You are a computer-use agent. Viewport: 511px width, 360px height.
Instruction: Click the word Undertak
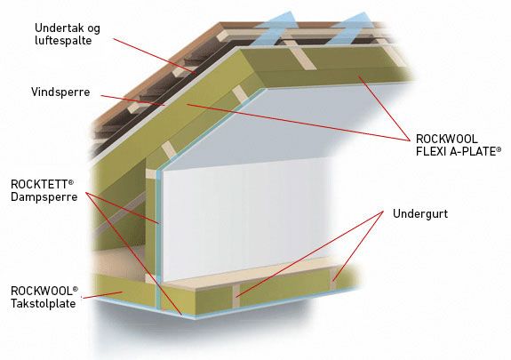point(56,28)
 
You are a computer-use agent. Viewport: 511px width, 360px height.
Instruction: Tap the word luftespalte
point(63,41)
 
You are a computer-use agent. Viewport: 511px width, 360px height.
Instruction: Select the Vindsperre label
point(60,92)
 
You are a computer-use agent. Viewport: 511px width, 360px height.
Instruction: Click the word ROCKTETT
point(39,184)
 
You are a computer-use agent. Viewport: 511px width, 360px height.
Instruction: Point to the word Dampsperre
point(44,197)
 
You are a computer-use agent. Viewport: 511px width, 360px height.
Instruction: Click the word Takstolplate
point(43,304)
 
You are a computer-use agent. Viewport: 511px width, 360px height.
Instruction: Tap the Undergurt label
point(420,214)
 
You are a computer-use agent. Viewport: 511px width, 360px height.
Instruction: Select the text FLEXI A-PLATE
point(456,152)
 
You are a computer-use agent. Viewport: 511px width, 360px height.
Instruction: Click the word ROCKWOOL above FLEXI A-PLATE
point(446,139)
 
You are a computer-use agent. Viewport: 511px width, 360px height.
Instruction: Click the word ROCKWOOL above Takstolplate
point(41,291)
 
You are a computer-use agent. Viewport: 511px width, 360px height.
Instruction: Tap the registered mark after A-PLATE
point(499,149)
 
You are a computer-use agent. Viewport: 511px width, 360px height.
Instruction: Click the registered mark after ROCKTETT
point(70,181)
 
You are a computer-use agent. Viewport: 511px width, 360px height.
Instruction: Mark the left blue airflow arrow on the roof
point(274,28)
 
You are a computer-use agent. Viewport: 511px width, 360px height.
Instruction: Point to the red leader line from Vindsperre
point(133,100)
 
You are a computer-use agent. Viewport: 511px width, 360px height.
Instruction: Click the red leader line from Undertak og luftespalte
point(155,56)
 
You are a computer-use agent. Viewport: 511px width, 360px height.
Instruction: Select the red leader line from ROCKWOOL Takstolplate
point(102,295)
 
